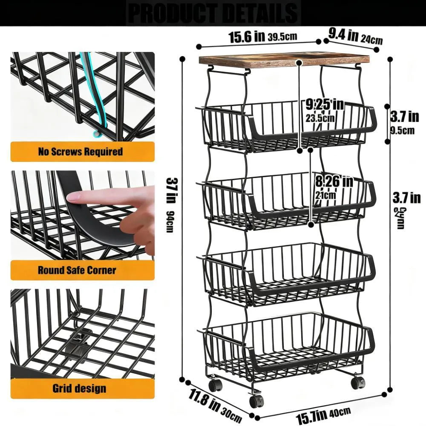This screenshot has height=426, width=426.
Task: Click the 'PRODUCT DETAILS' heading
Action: [x=213, y=13]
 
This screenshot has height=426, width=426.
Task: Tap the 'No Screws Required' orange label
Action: [x=81, y=152]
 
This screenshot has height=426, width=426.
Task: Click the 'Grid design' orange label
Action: [x=79, y=388]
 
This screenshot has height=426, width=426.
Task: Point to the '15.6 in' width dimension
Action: [x=247, y=37]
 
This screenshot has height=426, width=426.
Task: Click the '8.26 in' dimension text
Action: [x=334, y=182]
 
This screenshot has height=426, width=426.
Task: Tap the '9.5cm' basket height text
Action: [x=402, y=131]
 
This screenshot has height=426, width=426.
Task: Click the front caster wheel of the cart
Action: [x=256, y=400]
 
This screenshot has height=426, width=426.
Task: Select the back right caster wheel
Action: [x=358, y=382]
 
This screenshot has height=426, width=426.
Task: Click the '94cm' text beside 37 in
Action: [x=170, y=222]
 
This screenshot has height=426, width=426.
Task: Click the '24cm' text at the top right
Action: [x=371, y=40]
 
